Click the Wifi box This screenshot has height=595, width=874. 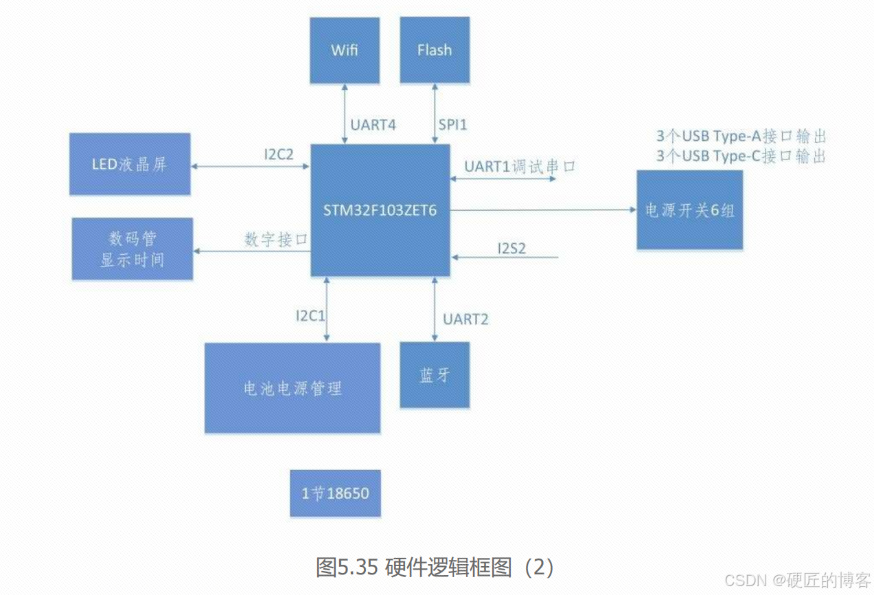(x=344, y=50)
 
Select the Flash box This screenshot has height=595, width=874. (x=435, y=50)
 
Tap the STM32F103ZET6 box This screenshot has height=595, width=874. (x=380, y=210)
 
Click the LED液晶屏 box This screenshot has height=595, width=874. (x=130, y=164)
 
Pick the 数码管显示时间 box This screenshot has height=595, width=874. (x=133, y=249)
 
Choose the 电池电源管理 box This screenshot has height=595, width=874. (x=292, y=388)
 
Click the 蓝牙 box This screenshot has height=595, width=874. (x=435, y=375)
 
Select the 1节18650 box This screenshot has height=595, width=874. (x=335, y=493)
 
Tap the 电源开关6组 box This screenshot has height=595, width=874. (x=689, y=210)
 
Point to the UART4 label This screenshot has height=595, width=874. (x=373, y=126)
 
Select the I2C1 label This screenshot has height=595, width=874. (x=310, y=317)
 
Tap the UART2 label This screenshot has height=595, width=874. (x=465, y=319)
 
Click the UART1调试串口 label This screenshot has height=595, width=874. (x=519, y=167)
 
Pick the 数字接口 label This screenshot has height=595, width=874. (x=275, y=240)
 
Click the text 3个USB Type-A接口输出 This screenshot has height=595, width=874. (x=741, y=137)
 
